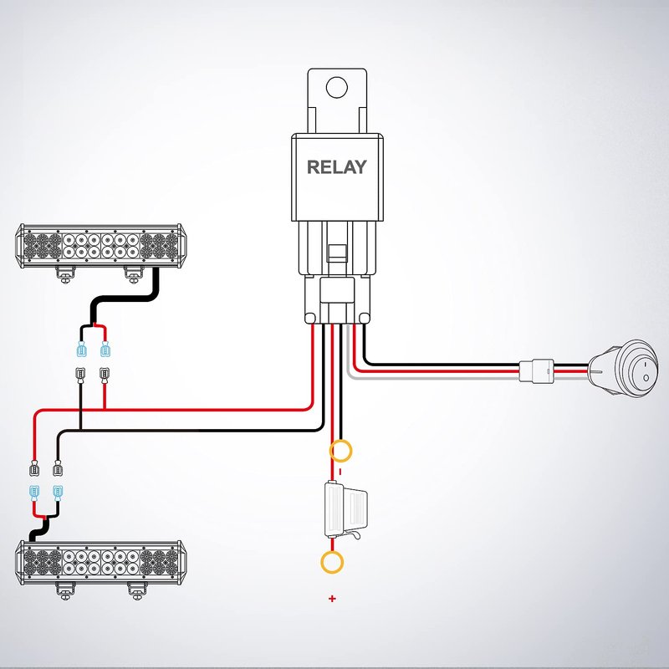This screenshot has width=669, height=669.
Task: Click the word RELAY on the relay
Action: tap(336, 166)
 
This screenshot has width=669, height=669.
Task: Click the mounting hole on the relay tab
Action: tap(336, 86)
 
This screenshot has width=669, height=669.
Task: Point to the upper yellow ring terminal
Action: tap(341, 452)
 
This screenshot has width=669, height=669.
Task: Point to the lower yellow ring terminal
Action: tap(333, 563)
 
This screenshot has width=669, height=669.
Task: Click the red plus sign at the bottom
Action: tap(332, 599)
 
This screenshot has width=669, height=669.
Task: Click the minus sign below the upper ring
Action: tap(340, 472)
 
